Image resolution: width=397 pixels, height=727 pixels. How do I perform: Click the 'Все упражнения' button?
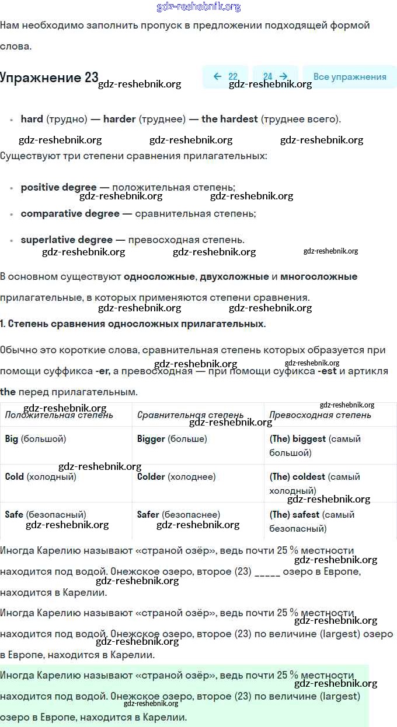pyautogui.click(x=350, y=77)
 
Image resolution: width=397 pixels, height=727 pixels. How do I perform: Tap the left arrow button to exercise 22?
pyautogui.click(x=225, y=77)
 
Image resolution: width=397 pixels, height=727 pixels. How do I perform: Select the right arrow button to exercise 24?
pyautogui.click(x=276, y=77)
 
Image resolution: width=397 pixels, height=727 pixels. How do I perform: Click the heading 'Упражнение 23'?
pyautogui.click(x=49, y=78)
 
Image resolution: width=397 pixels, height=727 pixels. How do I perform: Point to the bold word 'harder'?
pyautogui.click(x=119, y=119)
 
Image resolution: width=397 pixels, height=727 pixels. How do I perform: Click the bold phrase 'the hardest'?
pyautogui.click(x=229, y=119)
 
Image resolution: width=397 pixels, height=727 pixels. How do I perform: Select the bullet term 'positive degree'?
pyautogui.click(x=58, y=187)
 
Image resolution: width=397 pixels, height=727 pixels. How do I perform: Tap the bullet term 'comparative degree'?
pyautogui.click(x=70, y=213)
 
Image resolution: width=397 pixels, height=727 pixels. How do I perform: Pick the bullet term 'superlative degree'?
pyautogui.click(x=67, y=240)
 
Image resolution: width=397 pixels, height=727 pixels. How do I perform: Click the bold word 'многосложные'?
pyautogui.click(x=321, y=276)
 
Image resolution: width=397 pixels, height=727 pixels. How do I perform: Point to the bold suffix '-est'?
pyautogui.click(x=327, y=371)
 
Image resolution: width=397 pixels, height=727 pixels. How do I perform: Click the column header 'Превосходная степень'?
pyautogui.click(x=320, y=415)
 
